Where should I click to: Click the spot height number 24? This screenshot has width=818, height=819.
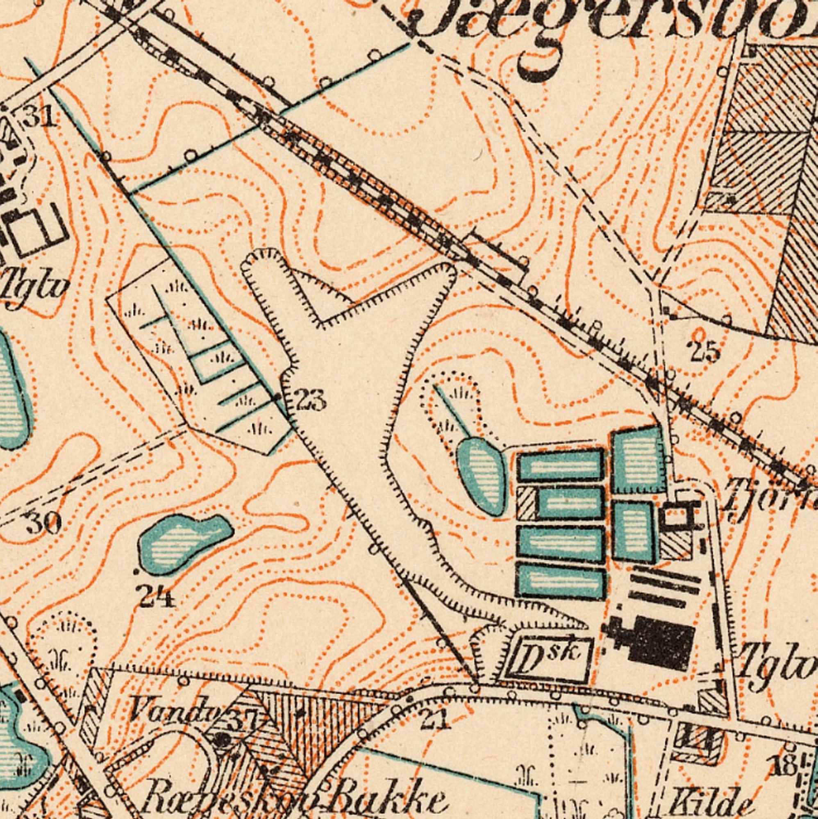pyautogui.click(x=156, y=598)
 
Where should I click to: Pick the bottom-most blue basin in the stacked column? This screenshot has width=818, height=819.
pyautogui.click(x=561, y=583)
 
